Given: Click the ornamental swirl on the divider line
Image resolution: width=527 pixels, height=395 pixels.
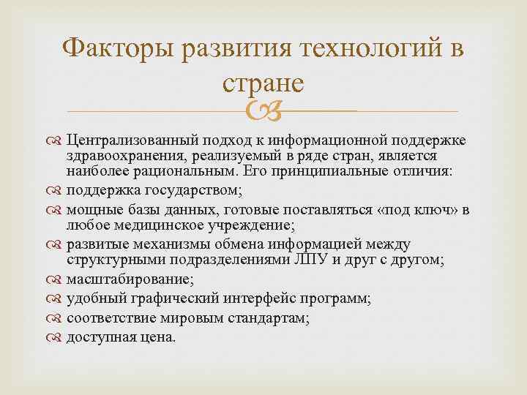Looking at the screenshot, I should pyautogui.click(x=263, y=111).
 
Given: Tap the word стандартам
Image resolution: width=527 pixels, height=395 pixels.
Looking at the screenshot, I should pyautogui.click(x=265, y=318).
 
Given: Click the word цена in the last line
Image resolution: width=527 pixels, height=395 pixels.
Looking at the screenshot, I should pyautogui.click(x=155, y=338).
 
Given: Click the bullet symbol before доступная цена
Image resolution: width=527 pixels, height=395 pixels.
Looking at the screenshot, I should pyautogui.click(x=55, y=338).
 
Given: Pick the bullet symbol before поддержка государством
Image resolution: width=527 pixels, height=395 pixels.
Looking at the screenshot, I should pyautogui.click(x=55, y=191).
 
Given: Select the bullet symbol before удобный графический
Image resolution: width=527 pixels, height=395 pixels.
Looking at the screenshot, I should pyautogui.click(x=55, y=298).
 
